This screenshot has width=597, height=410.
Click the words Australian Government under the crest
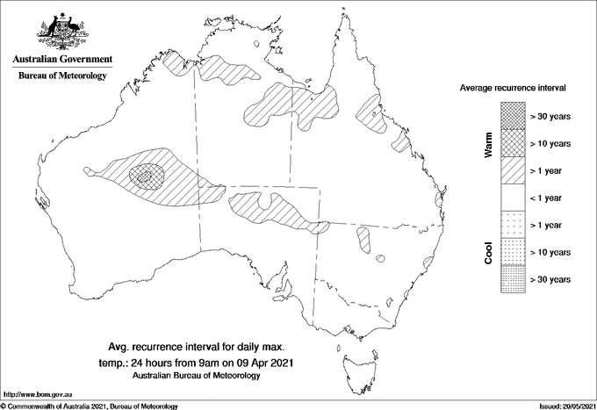point(61,60)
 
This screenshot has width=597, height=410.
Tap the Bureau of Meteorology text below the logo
point(61,76)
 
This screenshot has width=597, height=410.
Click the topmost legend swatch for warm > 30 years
point(512,116)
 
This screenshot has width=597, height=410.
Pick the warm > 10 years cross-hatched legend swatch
point(512,143)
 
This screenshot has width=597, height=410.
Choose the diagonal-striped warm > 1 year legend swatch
point(512,170)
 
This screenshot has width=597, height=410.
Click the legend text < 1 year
point(552,198)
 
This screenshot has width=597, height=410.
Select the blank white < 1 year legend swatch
point(512,198)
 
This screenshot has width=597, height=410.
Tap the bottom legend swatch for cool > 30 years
point(512,279)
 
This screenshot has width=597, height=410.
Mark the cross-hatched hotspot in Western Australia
point(146,176)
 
